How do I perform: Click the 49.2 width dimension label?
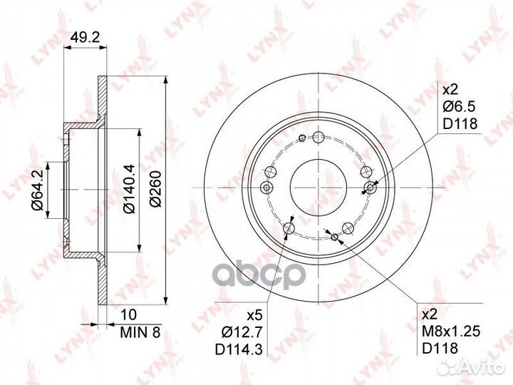[85, 38]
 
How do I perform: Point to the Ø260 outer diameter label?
[155, 188]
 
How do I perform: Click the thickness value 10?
[128, 314]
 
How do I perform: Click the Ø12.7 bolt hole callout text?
[242, 333]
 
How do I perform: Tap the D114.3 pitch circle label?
[239, 349]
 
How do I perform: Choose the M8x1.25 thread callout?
[451, 332]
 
